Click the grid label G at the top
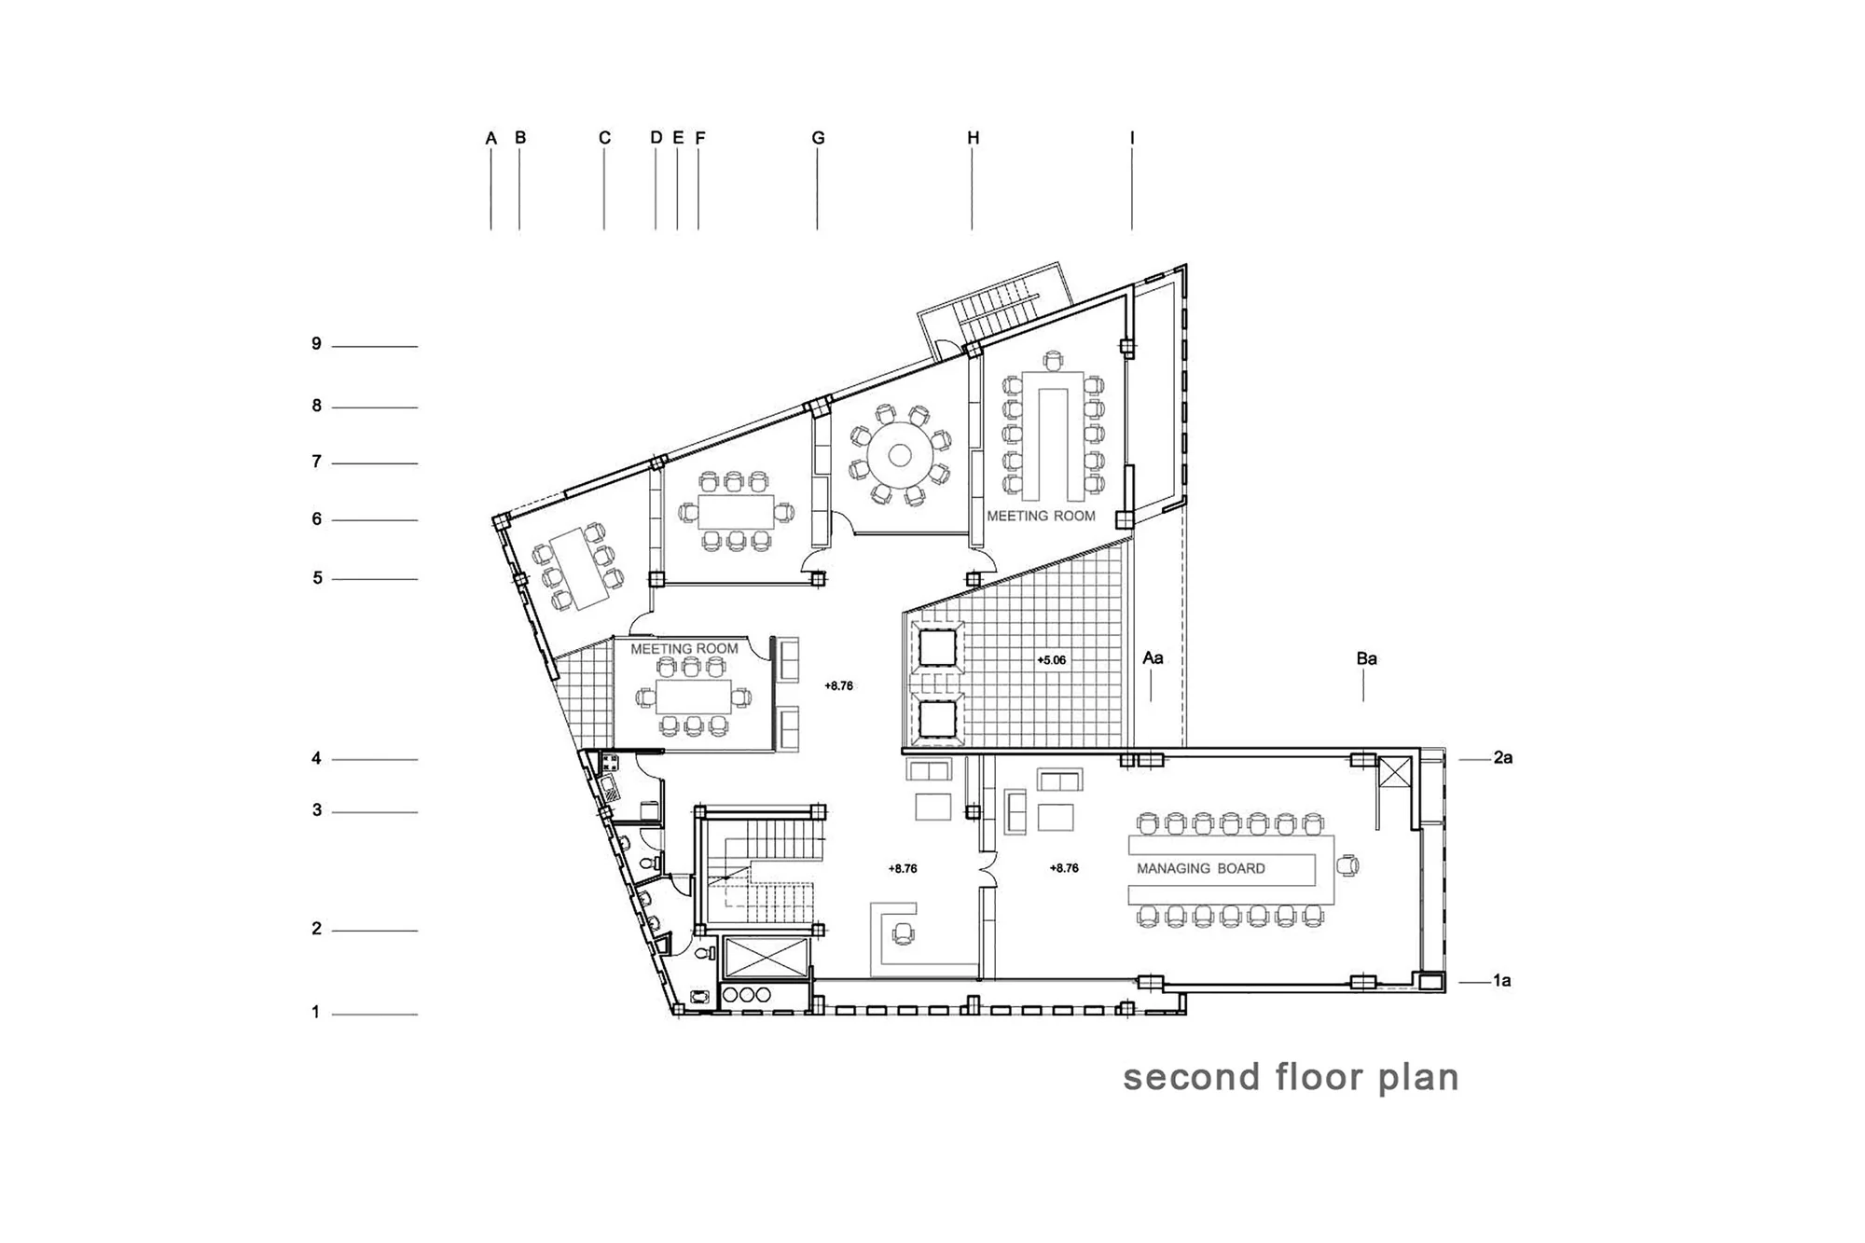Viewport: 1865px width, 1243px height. coord(818,138)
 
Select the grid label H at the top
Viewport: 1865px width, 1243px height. coord(973,138)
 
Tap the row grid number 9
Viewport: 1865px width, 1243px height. coord(317,344)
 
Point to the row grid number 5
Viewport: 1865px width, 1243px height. coord(317,578)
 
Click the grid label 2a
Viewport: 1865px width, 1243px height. coord(1502,758)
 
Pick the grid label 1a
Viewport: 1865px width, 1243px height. coord(1501,980)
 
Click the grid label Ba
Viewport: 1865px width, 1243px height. coord(1366,658)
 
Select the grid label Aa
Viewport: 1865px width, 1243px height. coord(1153,658)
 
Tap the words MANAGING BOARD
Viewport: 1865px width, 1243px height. coord(1201,868)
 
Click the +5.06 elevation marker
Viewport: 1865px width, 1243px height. coord(1051,660)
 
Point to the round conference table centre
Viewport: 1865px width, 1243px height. coord(899,455)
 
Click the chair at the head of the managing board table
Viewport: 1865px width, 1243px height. coord(1347,866)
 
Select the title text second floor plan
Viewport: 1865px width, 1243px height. coord(1291,1077)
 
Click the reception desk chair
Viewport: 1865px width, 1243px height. coord(902,932)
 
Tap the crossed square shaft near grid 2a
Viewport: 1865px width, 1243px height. coord(1394,772)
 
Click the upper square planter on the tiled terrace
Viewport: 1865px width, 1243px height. coord(937,647)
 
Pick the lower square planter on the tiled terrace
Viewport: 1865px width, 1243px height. coord(937,720)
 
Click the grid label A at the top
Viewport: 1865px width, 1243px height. coord(491,139)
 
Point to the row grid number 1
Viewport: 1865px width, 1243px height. coord(316,1012)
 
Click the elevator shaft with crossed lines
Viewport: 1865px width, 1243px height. coord(767,958)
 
